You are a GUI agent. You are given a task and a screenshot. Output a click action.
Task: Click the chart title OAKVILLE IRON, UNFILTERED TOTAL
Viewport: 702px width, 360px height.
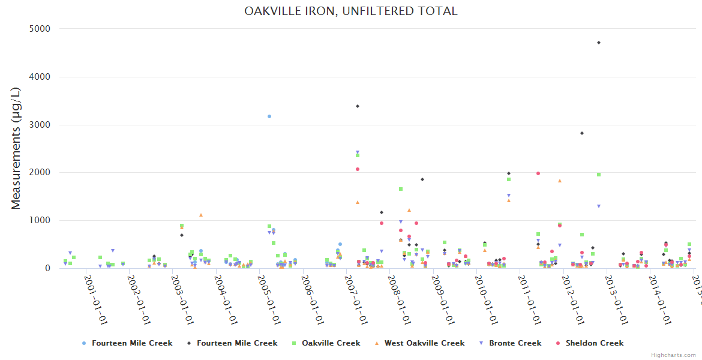(x=351, y=11)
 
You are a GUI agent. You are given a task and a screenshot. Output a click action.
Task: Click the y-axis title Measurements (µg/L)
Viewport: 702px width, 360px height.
(x=16, y=148)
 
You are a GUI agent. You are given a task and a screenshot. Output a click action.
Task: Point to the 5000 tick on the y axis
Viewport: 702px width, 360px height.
(x=40, y=29)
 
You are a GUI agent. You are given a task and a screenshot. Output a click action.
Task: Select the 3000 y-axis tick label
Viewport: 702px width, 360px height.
(x=40, y=125)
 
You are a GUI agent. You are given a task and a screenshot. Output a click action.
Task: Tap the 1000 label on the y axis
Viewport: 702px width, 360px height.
(x=40, y=220)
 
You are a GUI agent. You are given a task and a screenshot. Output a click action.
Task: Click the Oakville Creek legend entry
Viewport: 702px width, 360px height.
(x=331, y=343)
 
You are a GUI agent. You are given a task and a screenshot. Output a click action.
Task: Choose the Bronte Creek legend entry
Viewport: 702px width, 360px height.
(x=515, y=343)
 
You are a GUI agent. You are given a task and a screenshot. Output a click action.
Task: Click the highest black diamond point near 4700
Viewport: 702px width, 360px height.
(x=599, y=43)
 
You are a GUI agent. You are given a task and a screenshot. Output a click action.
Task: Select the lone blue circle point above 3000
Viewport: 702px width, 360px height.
(x=269, y=116)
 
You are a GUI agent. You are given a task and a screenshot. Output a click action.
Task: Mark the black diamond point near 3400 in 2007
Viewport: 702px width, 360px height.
(x=358, y=106)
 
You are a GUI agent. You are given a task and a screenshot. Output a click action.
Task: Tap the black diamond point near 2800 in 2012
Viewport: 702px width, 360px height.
(x=581, y=133)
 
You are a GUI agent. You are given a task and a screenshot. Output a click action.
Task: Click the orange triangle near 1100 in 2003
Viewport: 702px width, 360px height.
(x=201, y=215)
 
